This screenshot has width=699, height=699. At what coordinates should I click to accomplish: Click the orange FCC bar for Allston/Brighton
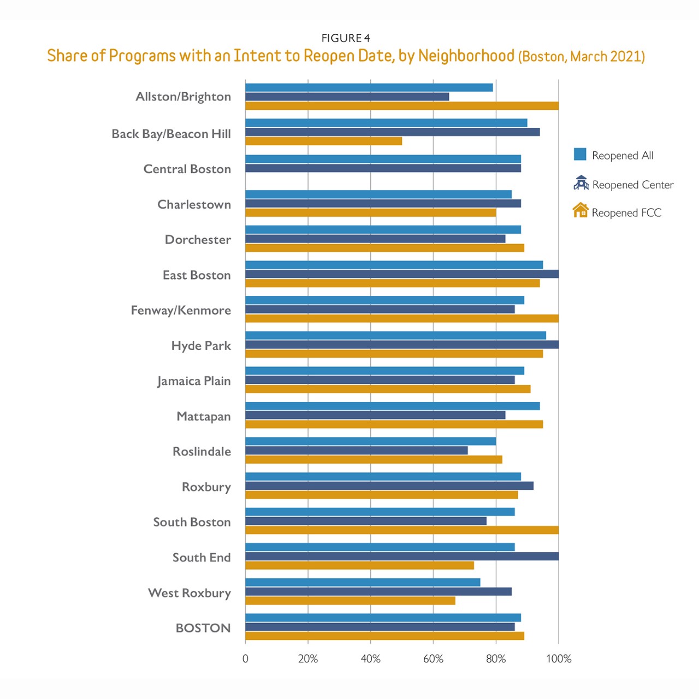tap(402, 106)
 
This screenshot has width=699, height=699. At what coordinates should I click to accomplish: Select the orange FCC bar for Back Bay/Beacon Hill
tap(323, 141)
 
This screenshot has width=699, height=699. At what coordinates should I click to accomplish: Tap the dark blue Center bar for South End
tap(402, 556)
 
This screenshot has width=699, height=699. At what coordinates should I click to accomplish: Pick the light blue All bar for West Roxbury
tap(363, 583)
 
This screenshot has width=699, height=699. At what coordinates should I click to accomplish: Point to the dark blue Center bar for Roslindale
tap(356, 451)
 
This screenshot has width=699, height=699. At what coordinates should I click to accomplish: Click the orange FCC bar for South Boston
tap(402, 530)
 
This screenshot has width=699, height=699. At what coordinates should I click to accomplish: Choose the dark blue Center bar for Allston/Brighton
tap(347, 97)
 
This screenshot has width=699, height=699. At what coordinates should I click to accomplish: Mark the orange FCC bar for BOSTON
tap(384, 636)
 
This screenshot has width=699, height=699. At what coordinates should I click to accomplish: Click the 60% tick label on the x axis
tap(433, 659)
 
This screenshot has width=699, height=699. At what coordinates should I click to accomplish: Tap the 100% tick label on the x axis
tap(559, 659)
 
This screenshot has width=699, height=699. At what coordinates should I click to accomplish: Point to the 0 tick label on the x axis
tap(245, 659)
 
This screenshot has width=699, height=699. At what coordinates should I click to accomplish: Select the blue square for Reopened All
tap(580, 155)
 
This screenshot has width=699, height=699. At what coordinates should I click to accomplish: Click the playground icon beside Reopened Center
tap(580, 183)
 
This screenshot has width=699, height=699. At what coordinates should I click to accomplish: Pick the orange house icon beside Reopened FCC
tap(580, 211)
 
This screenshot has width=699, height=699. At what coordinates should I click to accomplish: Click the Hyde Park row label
tap(201, 346)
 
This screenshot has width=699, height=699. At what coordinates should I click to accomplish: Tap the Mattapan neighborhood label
tap(204, 417)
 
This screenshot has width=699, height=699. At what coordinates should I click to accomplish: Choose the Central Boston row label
tap(187, 169)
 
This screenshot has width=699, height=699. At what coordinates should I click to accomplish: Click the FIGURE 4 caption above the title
tap(346, 38)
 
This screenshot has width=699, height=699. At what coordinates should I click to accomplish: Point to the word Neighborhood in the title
tap(466, 56)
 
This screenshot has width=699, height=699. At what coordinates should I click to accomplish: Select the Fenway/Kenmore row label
tap(181, 310)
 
